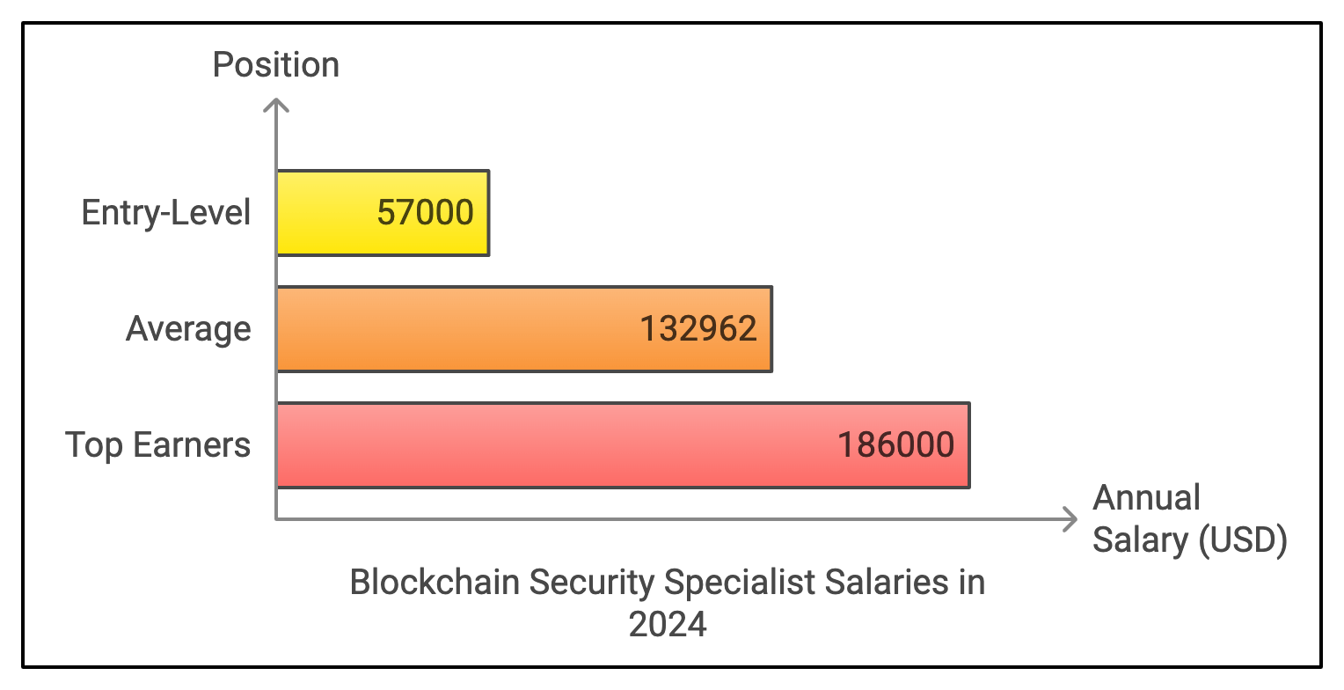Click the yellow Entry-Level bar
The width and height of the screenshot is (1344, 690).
pyautogui.click(x=325, y=213)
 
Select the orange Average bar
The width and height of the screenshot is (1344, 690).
pyautogui.click(x=457, y=329)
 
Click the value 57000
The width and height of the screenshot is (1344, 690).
pyautogui.click(x=426, y=213)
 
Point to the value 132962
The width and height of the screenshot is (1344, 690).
pyautogui.click(x=698, y=329)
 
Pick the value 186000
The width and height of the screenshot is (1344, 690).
pyautogui.click(x=895, y=445)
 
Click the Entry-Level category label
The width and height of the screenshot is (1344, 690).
pyautogui.click(x=166, y=213)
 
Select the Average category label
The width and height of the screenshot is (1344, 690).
pyautogui.click(x=188, y=329)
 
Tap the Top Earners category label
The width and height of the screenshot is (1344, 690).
pyautogui.click(x=158, y=445)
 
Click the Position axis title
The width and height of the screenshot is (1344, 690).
pyautogui.click(x=275, y=65)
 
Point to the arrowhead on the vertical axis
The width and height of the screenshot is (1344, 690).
pyautogui.click(x=276, y=106)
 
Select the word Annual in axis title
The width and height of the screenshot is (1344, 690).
pyautogui.click(x=1146, y=498)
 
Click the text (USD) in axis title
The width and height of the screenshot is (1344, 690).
pyautogui.click(x=1244, y=540)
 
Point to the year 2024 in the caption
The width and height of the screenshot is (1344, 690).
pyautogui.click(x=668, y=625)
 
